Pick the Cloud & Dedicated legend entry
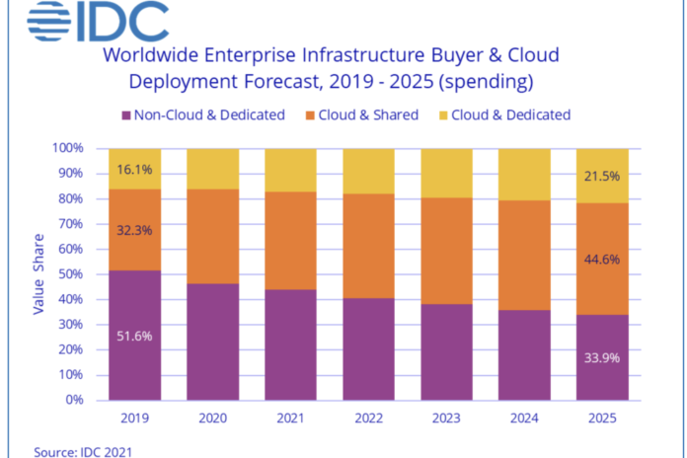pyautogui.click(x=512, y=114)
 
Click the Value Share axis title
pyautogui.click(x=39, y=274)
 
